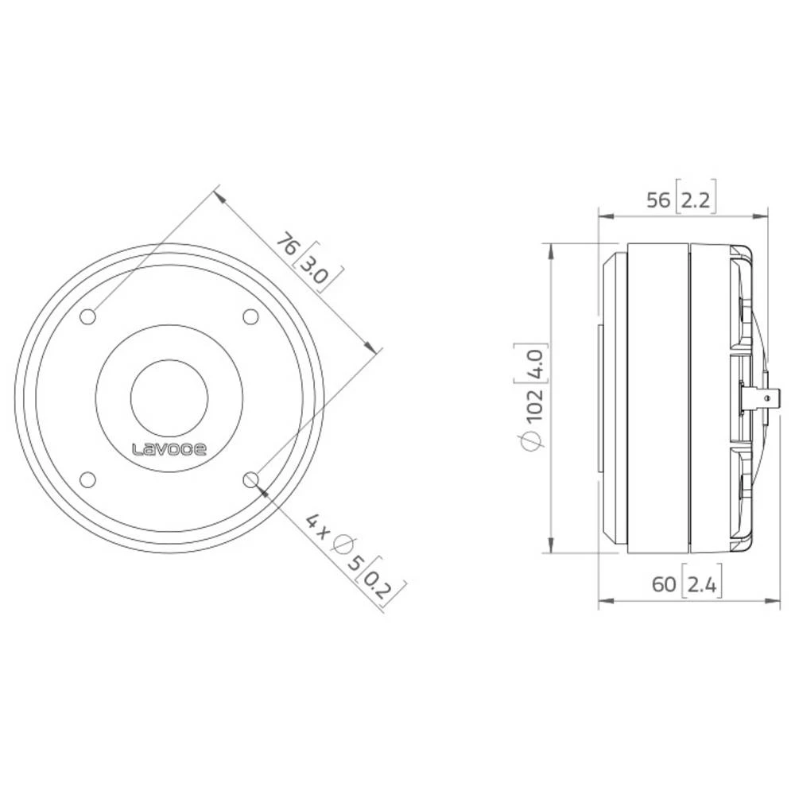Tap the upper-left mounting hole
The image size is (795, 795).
coord(88,317)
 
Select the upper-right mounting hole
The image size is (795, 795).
coord(250,317)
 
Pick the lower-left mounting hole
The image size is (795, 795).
coord(88,479)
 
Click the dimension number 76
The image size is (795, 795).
coord(287,242)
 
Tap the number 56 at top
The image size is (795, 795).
coord(659,200)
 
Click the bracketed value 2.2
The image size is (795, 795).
coord(696,200)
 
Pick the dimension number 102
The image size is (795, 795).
coord(533,409)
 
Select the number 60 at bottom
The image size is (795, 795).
coord(665,586)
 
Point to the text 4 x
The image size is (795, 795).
coord(317,525)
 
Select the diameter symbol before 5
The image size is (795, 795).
coord(343,546)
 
